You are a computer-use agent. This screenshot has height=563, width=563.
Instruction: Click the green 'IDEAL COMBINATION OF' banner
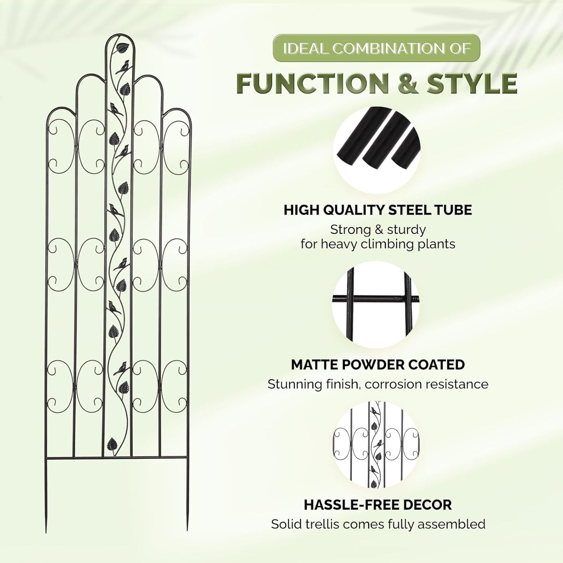[x=376, y=48]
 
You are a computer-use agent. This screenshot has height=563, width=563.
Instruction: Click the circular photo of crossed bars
[x=376, y=305]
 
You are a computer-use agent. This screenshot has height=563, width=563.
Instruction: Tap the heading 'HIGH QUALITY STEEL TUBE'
[x=378, y=210]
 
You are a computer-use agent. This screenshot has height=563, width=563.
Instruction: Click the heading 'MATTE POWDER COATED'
[x=378, y=365]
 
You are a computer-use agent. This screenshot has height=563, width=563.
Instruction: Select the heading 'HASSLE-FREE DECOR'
[x=378, y=505]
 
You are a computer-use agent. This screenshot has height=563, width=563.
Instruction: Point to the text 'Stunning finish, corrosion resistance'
[x=378, y=384]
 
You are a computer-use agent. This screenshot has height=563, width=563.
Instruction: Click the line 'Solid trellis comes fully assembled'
[x=378, y=524]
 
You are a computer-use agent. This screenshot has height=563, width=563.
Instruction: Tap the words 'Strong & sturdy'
[x=378, y=229]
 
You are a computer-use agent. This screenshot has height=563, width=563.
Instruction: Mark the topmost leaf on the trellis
[x=123, y=48]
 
